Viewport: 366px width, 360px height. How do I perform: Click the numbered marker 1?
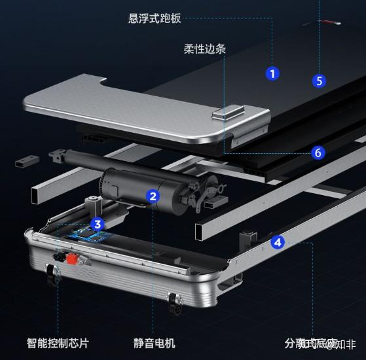click(272, 73)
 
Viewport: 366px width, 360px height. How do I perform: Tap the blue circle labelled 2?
click(153, 195)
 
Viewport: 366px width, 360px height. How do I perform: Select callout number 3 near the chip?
click(98, 224)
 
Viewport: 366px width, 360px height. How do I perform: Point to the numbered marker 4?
click(278, 242)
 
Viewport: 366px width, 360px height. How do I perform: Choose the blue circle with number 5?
click(319, 81)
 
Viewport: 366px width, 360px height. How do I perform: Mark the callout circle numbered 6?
click(318, 153)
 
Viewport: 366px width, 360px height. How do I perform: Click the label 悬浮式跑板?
click(155, 18)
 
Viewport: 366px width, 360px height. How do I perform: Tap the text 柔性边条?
click(205, 49)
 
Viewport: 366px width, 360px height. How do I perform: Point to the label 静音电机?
click(154, 343)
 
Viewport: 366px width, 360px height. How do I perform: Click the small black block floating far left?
click(24, 160)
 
